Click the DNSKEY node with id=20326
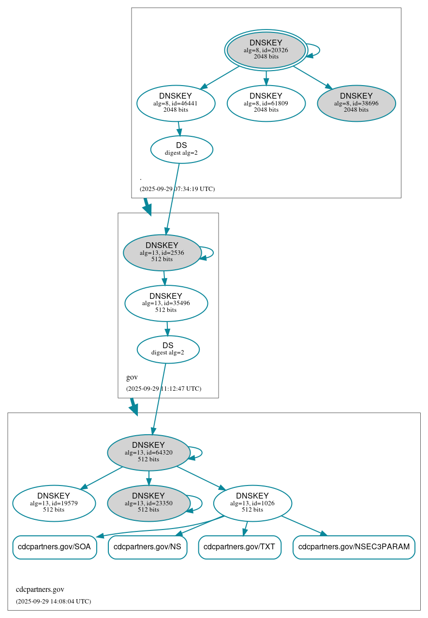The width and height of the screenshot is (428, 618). click(266, 50)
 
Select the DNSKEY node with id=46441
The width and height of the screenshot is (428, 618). click(176, 103)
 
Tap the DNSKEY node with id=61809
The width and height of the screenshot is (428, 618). click(266, 103)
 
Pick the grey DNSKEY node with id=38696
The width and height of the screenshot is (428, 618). click(356, 103)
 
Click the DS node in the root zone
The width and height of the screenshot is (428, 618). click(181, 149)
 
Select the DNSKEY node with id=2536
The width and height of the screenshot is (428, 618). click(162, 252)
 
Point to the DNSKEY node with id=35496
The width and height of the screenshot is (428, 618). click(166, 303)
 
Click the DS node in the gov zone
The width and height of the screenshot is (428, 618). click(168, 349)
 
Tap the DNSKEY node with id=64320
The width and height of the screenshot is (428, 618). click(148, 453)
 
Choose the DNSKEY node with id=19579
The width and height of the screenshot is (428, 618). click(54, 503)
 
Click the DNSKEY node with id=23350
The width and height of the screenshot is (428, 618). click(148, 503)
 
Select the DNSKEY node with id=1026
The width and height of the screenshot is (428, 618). click(252, 503)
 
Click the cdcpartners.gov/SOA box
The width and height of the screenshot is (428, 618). click(54, 547)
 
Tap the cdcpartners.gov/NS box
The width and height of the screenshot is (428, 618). click(148, 547)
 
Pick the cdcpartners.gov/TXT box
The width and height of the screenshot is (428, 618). click(239, 547)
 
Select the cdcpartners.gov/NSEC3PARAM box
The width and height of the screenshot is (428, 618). click(354, 547)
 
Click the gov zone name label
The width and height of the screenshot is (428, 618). click(132, 377)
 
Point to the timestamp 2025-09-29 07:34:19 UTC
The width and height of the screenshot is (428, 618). click(177, 189)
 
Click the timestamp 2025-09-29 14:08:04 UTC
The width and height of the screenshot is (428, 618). click(53, 601)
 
